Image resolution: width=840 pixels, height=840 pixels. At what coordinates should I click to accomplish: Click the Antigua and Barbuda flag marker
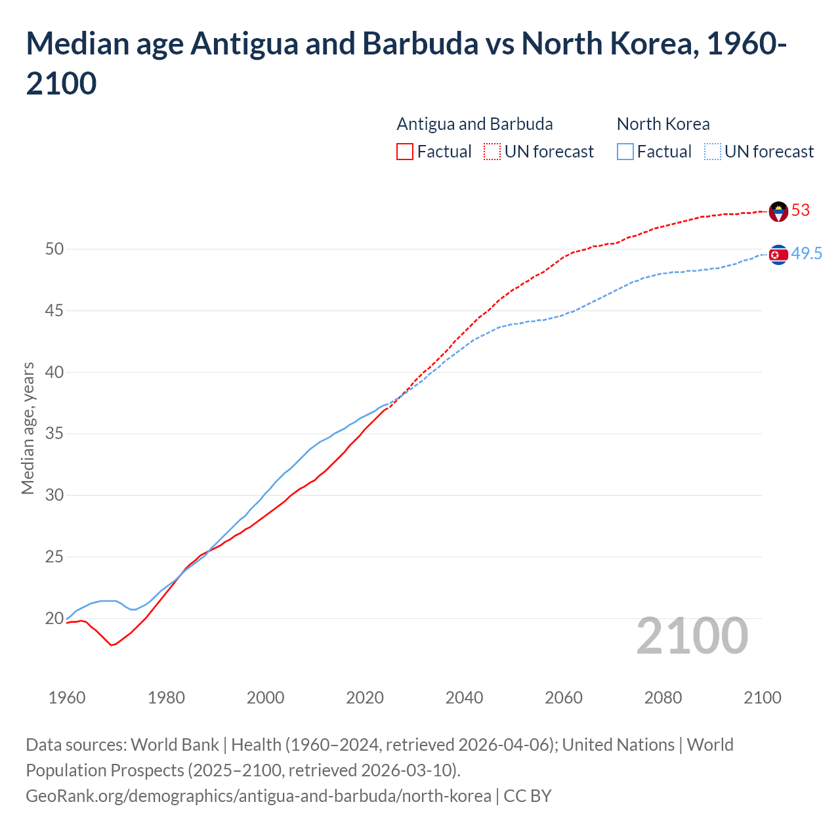point(778,211)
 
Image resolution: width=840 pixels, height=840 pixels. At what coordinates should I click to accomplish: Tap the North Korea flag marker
point(778,255)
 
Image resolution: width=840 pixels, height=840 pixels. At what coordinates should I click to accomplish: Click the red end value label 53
point(801,210)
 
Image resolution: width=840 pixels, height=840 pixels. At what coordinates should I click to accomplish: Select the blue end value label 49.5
point(807,253)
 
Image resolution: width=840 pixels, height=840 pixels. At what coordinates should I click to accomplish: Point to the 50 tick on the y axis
point(54,249)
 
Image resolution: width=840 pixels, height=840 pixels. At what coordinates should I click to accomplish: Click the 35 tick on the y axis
point(54,434)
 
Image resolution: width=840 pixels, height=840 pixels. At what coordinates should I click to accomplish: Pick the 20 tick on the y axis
point(54,618)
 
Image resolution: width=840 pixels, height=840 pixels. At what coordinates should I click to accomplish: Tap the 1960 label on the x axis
point(67,698)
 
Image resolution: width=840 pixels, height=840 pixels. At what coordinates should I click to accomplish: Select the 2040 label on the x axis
point(464,698)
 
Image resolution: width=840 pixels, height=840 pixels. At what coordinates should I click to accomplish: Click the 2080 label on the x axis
point(663,698)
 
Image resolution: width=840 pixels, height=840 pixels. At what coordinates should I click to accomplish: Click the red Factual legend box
point(405,152)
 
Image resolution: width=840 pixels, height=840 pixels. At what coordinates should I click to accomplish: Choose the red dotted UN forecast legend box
point(492,152)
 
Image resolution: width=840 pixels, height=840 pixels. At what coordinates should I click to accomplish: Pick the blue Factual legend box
point(625,152)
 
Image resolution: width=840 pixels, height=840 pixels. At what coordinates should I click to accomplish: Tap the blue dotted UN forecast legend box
point(712,152)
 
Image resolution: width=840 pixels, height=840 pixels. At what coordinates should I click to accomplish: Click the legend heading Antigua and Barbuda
point(474,124)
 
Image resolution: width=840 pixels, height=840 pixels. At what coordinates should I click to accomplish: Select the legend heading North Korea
point(663,124)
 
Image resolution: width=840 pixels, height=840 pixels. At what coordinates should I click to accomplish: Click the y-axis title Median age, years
point(28,428)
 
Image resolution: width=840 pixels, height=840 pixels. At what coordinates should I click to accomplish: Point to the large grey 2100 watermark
point(692,636)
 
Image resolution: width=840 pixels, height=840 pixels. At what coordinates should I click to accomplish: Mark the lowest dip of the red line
point(112,645)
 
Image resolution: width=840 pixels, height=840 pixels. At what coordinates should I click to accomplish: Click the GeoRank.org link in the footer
point(258,796)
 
